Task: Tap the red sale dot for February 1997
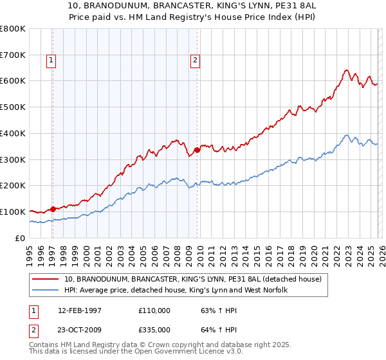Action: (53, 208)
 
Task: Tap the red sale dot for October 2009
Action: (197, 150)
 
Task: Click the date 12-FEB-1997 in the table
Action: (80, 310)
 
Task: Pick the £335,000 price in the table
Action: (154, 329)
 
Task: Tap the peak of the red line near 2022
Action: (346, 70)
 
